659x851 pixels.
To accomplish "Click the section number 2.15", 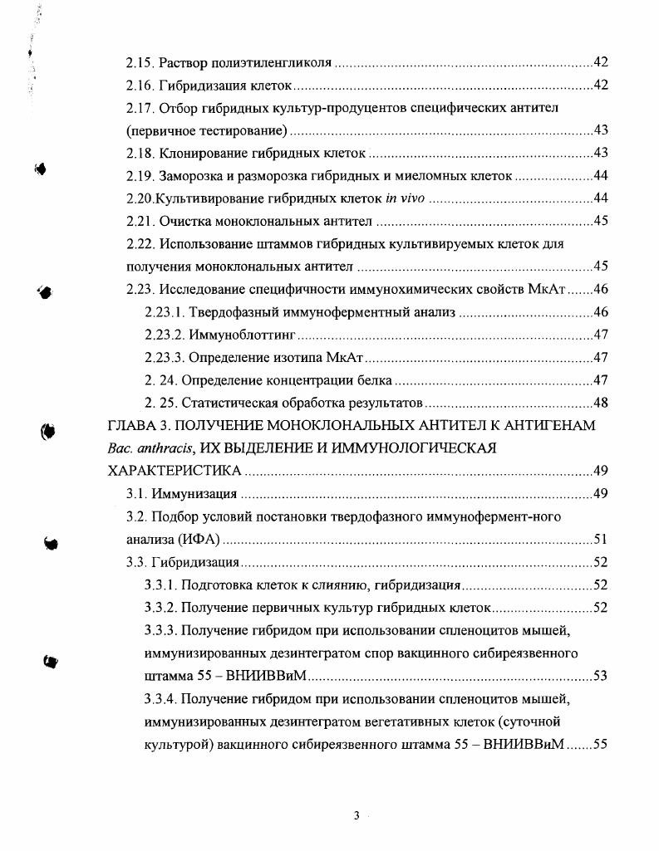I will coord(140,63).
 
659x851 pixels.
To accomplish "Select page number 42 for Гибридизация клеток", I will coord(601,86).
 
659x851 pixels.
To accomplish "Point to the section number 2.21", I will coord(140,222).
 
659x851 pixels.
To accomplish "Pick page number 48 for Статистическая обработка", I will coord(601,403).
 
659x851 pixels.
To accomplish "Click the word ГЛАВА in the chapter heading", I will coord(132,426).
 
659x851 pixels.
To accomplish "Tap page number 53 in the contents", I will coord(601,676).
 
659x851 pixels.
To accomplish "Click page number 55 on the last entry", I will coord(601,744).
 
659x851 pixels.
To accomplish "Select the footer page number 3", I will coord(356,815).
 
